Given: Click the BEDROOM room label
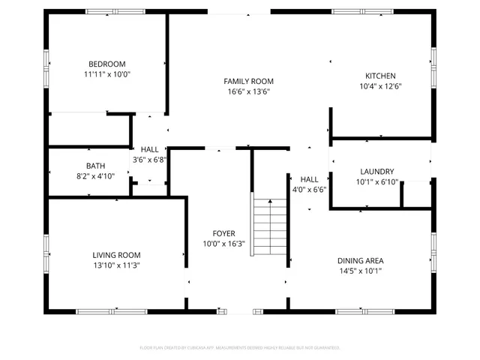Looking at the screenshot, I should coord(107,64).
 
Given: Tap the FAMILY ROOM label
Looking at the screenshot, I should coord(248,81).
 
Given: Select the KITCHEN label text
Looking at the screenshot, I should coord(380,76).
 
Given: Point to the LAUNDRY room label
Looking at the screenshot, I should coord(376,172).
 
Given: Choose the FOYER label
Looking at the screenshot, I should coord(223,233).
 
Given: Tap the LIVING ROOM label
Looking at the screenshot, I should coord(116,255).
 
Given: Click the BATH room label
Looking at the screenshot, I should coord(95,166).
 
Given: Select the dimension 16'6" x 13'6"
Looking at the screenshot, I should coord(248,91).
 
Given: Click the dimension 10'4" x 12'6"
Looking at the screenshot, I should coord(380,86).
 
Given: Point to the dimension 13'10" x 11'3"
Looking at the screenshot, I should coord(116,265).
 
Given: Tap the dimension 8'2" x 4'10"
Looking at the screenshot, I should coord(95,176).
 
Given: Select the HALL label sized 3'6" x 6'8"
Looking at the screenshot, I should coord(149,149).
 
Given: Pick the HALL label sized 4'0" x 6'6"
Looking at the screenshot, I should coord(309,180).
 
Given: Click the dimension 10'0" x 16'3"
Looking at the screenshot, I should coord(223,244).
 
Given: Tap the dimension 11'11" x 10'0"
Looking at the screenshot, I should coord(107,75).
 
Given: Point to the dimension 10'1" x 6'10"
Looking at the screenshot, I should coord(376,182).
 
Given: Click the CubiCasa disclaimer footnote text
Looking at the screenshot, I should coord(240,347).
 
